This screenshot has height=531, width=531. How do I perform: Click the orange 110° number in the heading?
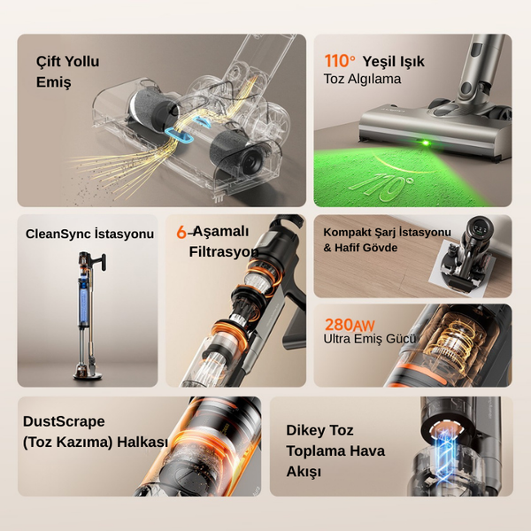[340, 61]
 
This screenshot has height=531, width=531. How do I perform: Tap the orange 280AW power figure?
[350, 325]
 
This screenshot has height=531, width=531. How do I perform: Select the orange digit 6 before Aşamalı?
[181, 232]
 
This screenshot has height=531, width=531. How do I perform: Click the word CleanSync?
[58, 234]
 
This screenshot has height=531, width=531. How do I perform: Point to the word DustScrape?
[64, 421]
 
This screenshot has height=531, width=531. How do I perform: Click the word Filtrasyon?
[224, 252]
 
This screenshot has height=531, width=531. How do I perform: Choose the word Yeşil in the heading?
[379, 62]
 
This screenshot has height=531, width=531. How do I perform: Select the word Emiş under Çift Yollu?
[53, 82]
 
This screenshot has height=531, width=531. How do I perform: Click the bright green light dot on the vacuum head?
[426, 142]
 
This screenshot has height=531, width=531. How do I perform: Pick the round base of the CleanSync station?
[88, 374]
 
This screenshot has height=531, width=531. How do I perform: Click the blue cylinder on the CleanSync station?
[84, 301]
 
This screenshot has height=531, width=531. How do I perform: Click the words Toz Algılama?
[362, 79]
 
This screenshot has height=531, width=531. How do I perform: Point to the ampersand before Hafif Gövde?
[327, 248]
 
